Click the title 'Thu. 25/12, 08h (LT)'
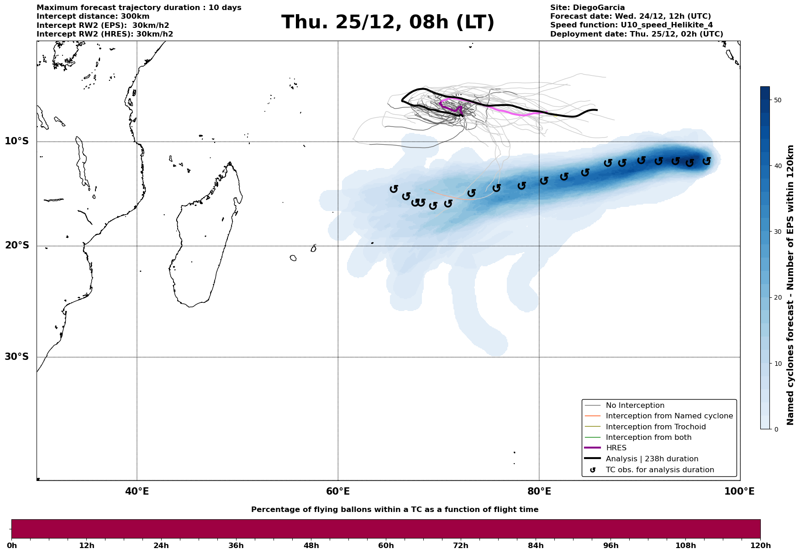click(x=388, y=22)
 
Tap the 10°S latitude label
click(x=17, y=141)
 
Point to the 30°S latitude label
click(x=17, y=357)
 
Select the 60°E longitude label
click(x=338, y=491)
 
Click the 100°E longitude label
click(x=739, y=491)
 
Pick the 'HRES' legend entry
click(x=616, y=448)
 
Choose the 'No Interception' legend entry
click(x=635, y=406)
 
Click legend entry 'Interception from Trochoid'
click(x=655, y=427)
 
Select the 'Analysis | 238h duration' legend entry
click(x=652, y=459)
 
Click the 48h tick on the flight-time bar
click(x=311, y=546)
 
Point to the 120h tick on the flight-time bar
click(x=760, y=546)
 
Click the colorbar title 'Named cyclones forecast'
click(x=790, y=285)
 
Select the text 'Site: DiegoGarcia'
click(x=587, y=8)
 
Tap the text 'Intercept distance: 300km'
click(x=93, y=16)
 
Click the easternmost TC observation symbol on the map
click(x=706, y=161)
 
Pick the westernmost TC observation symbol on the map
click(x=394, y=189)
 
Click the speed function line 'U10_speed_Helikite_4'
click(x=631, y=25)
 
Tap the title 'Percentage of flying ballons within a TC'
click(x=395, y=510)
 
